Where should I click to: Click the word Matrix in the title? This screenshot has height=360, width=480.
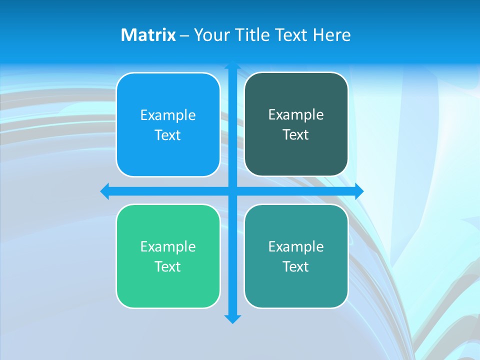coord(148,35)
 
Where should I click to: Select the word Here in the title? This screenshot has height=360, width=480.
coord(331,35)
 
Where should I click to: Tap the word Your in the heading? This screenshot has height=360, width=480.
coord(212,35)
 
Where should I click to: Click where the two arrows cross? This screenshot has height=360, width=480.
coord(232,191)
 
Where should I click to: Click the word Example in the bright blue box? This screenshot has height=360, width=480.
coord(168,115)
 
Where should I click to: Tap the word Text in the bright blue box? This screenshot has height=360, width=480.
coord(168,135)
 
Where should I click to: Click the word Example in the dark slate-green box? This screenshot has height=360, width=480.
coord(296,114)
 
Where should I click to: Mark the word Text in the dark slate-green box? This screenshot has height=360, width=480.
coord(296,134)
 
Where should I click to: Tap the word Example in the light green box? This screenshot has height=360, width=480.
coord(168,246)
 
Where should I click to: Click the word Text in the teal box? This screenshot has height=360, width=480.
coord(296,266)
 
